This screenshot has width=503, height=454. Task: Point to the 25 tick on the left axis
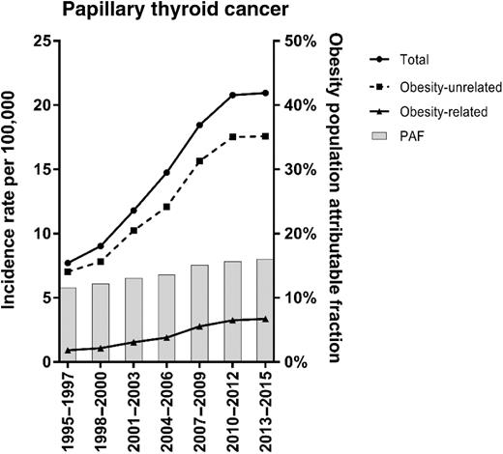coord(42,41)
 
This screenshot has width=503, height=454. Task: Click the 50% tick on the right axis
coord(296,41)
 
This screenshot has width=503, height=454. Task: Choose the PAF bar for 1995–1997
coord(69,325)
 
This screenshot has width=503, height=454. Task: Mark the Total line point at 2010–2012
coord(232,95)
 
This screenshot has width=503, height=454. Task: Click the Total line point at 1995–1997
coord(69,263)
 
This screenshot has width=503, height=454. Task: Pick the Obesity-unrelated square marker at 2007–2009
coord(199,160)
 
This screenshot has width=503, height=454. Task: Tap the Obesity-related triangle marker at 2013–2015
coord(265,319)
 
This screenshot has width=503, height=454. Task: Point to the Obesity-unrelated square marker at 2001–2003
coord(133,230)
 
